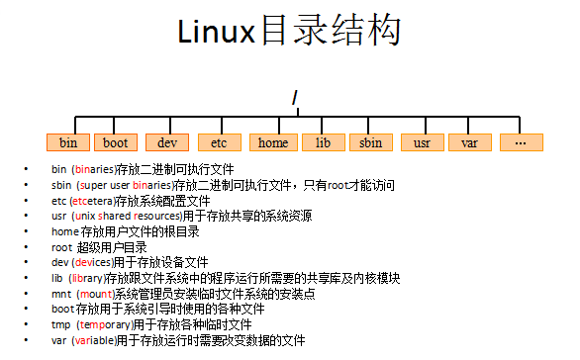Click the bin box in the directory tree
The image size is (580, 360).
click(68, 142)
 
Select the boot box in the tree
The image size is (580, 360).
click(116, 142)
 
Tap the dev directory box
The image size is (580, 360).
click(167, 142)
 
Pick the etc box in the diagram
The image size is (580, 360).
click(219, 142)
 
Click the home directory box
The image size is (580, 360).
click(273, 142)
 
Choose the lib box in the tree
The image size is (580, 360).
click(323, 142)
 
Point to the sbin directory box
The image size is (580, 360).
click(371, 142)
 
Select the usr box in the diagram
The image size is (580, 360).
click(422, 142)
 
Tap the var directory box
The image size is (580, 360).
click(470, 142)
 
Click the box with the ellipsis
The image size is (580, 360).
click(521, 142)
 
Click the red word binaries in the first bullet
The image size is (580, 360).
click(92, 169)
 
